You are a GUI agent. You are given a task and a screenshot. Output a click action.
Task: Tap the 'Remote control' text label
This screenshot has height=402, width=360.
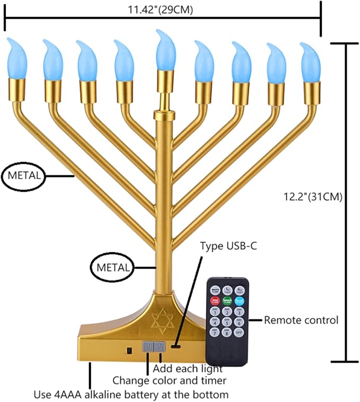coord(301,320)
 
